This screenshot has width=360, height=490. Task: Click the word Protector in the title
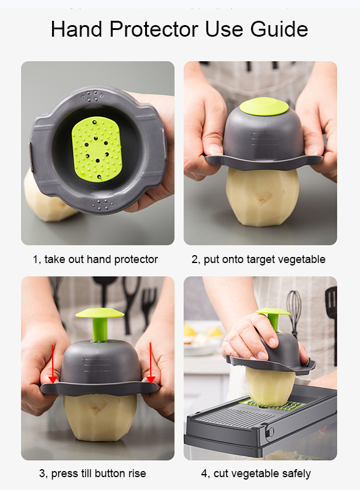click(154, 29)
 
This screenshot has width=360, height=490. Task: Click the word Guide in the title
click(279, 29)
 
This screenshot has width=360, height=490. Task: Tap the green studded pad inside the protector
click(96, 149)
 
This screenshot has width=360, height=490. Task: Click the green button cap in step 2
click(264, 106)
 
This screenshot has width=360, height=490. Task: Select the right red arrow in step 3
click(151, 363)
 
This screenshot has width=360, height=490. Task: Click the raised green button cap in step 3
click(100, 313)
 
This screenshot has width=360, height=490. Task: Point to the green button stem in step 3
click(100, 329)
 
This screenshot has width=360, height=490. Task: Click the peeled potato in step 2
click(262, 196)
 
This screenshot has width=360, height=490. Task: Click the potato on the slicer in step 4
click(270, 387)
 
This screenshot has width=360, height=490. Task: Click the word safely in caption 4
click(296, 473)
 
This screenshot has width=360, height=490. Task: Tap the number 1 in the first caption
click(36, 259)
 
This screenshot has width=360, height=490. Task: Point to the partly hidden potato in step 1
click(47, 200)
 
